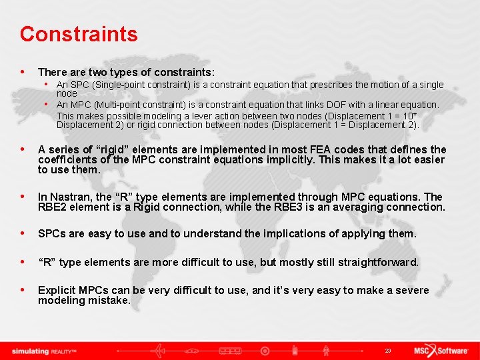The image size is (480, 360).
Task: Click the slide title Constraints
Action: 79,34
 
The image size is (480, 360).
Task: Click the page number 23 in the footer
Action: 388,351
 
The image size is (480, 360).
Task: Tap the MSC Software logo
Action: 440,350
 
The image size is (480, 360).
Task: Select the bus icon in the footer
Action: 230,350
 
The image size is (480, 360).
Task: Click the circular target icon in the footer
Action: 265,350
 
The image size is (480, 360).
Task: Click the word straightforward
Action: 378,262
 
